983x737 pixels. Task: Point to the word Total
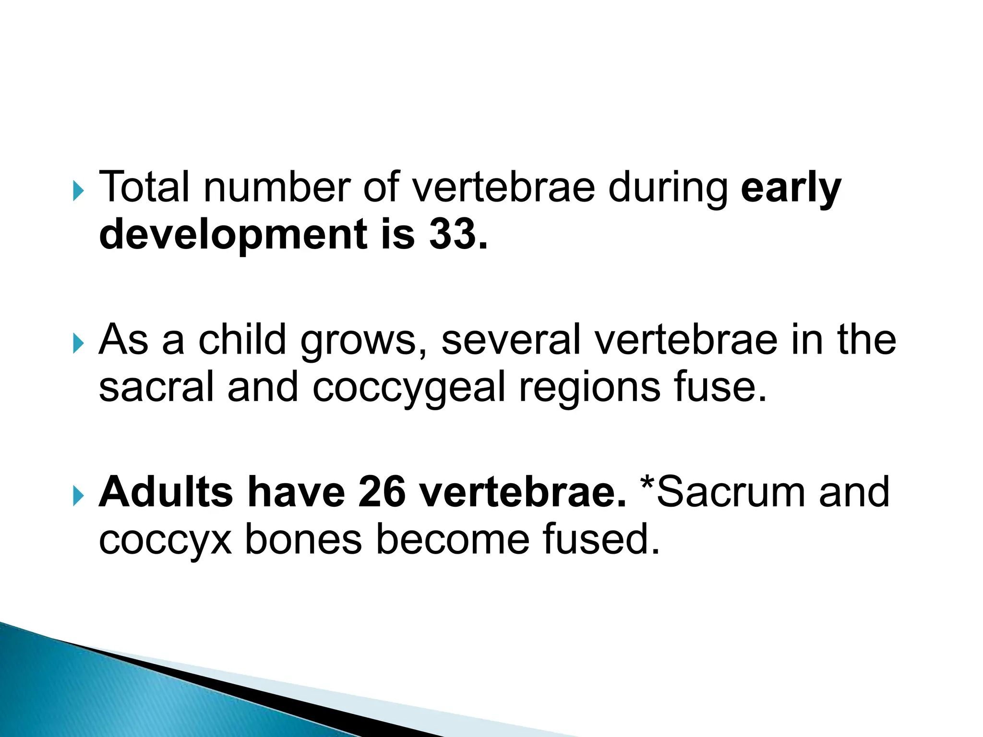[x=144, y=187]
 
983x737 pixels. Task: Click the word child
[x=242, y=339]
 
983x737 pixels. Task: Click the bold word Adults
[x=166, y=492]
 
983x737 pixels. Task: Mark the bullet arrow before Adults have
[x=78, y=496]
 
